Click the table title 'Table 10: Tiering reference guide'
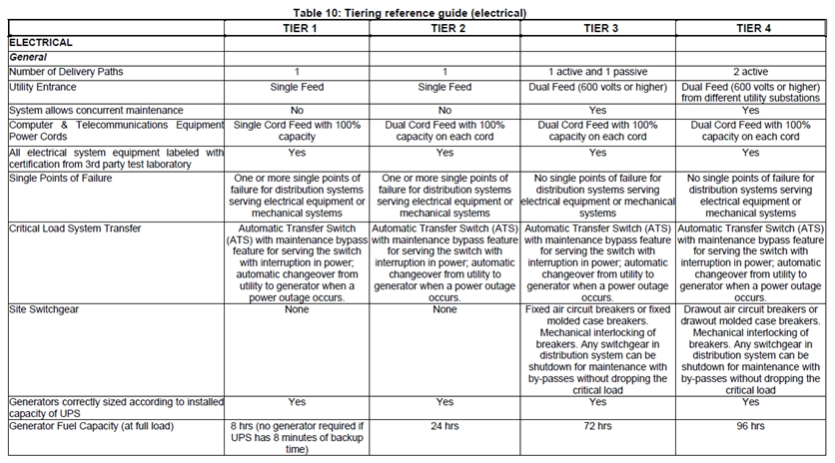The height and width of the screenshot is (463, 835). pos(417,13)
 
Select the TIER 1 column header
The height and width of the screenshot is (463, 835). pos(297,28)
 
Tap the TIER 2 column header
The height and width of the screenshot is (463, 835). pos(444,28)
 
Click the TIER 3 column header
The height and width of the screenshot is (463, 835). pos(597,28)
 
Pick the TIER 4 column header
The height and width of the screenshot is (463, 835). pos(750,28)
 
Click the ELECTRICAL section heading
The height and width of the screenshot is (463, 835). pos(41,43)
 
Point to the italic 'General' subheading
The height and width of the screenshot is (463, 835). pos(29,58)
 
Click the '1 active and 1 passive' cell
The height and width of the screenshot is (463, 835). pos(597,73)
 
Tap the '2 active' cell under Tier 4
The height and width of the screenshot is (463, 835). pos(750,73)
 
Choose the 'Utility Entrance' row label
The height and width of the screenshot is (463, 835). pos(46,88)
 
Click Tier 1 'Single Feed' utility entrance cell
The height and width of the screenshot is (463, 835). pos(297,88)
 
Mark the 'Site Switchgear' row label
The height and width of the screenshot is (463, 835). pos(46,311)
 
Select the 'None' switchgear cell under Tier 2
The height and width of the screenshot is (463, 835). pos(444,311)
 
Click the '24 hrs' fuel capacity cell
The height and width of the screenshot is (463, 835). pos(444,426)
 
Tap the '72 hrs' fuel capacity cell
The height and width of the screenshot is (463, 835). pos(597,426)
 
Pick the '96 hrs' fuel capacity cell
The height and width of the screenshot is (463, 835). pos(750,426)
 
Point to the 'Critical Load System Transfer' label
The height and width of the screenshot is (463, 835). pos(77,229)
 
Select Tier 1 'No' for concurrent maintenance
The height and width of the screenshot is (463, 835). pos(297,109)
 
